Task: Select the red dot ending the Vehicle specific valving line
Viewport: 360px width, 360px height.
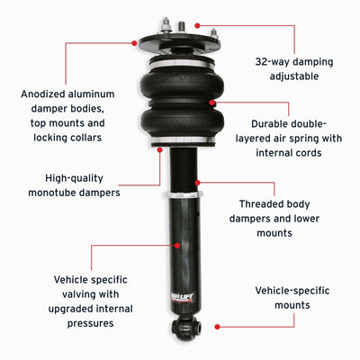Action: point(178,244)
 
